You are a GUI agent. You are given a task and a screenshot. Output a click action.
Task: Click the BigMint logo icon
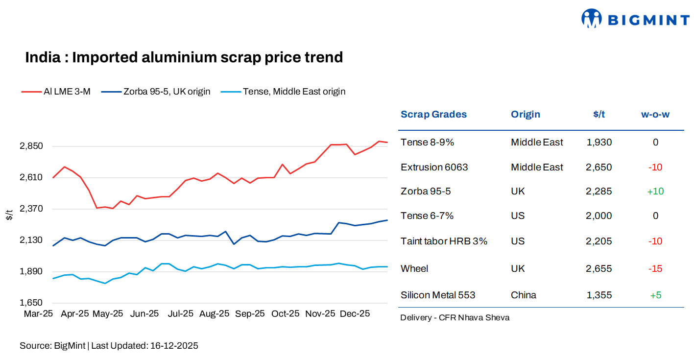[591, 19]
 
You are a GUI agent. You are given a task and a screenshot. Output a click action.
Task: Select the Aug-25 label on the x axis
[214, 314]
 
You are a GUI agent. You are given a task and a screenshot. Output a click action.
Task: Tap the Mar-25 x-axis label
[38, 314]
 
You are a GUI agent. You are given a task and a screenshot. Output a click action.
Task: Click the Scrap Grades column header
[433, 115]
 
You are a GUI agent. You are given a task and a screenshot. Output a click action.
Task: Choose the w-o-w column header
[655, 115]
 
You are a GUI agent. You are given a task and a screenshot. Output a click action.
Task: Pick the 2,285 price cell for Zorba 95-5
[598, 192]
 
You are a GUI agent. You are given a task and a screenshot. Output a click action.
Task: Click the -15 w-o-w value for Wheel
[655, 269]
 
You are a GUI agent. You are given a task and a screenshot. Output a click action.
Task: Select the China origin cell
[523, 295]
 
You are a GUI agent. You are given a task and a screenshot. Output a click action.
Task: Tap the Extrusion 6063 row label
[434, 168]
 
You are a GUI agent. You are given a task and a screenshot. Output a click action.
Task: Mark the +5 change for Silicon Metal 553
[655, 295]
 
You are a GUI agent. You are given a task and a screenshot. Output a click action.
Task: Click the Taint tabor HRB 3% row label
[444, 241]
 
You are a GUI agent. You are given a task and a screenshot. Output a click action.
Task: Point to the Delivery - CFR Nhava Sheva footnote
[455, 318]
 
